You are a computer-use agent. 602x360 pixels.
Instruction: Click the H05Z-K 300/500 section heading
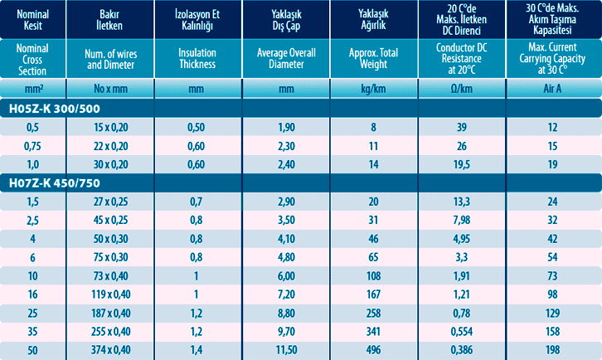point(56,108)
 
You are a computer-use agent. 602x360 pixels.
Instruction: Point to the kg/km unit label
point(372,88)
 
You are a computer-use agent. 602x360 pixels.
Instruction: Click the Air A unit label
point(552,88)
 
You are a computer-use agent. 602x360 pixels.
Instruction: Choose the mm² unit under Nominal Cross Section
point(33,88)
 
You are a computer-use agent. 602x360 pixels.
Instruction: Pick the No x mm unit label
point(110,88)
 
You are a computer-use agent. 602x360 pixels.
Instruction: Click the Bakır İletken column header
point(110,18)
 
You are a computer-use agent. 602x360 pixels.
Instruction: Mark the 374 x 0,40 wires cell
point(110,350)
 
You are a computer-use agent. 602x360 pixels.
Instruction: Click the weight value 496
point(372,350)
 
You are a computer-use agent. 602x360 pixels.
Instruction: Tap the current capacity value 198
point(552,350)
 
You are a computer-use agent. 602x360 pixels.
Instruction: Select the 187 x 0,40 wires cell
point(110,313)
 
